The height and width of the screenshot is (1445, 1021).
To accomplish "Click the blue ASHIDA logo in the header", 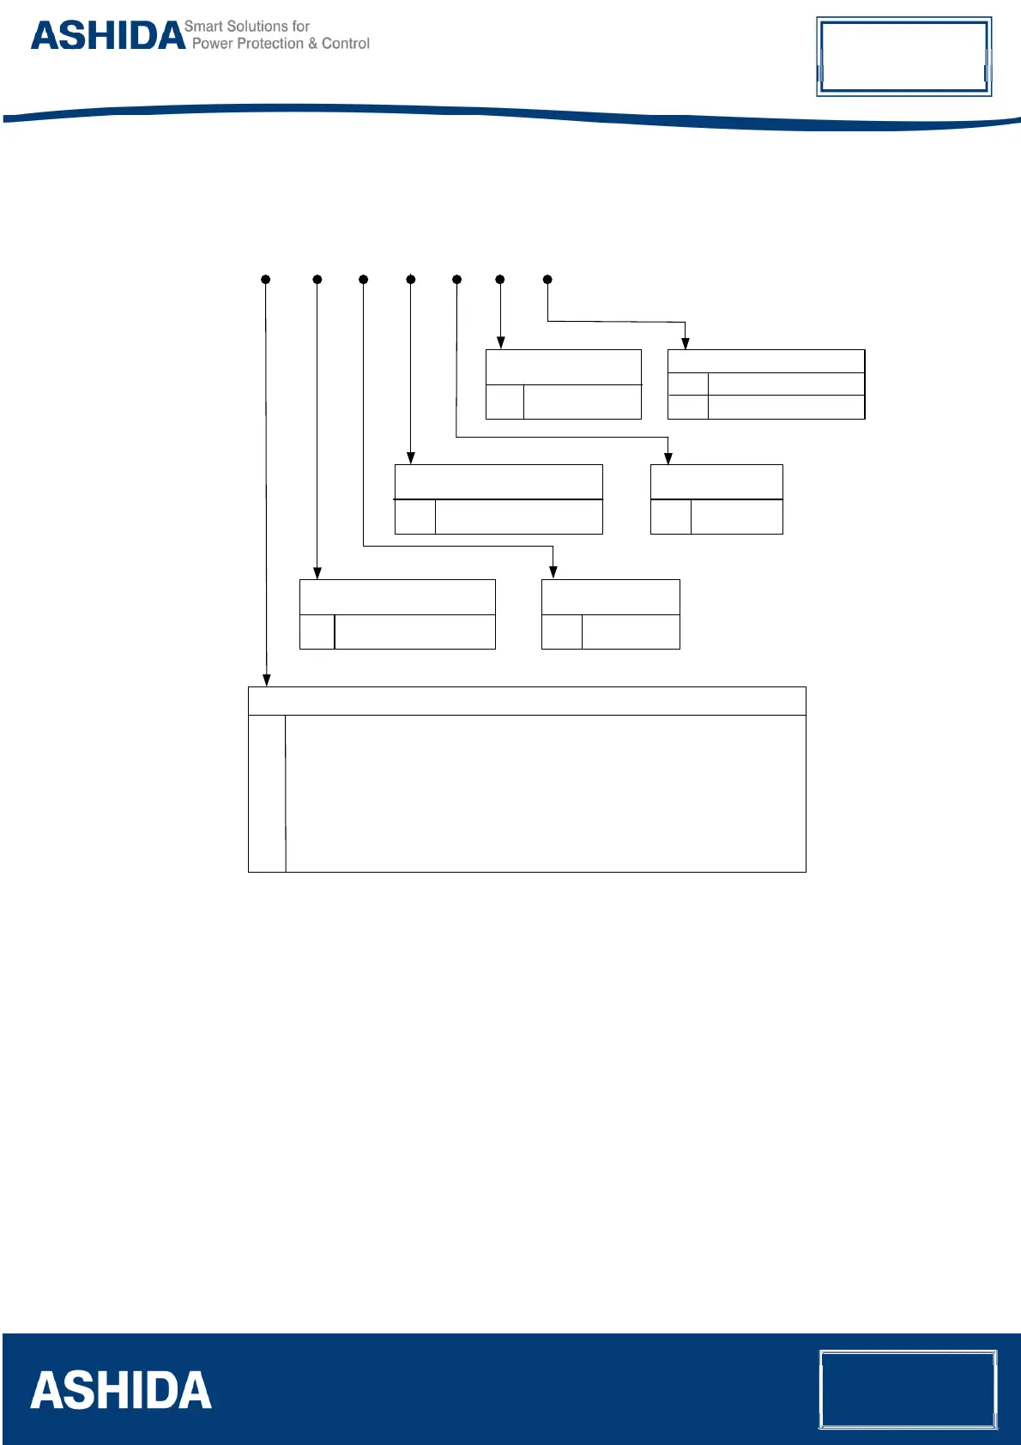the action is point(108,36).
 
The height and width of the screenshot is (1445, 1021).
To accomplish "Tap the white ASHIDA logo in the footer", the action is point(121,1391).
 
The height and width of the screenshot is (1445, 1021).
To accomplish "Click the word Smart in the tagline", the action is point(203,27).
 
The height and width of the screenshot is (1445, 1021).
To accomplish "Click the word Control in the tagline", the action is point(346,44).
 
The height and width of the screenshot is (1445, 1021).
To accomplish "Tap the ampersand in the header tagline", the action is point(313,44).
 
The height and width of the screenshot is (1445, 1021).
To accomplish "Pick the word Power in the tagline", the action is point(212,44).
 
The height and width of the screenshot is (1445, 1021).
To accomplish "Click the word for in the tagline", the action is point(301,27).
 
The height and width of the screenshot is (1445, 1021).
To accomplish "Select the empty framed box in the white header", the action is point(903,57).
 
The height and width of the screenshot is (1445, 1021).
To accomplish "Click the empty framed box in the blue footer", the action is point(908,1390).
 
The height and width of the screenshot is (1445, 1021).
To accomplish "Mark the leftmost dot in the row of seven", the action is point(266,280).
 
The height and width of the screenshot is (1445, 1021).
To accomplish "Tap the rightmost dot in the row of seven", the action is point(547,280).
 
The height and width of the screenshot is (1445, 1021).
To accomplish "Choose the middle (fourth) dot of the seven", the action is point(411,280).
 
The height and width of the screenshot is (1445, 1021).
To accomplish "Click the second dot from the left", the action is point(317,280).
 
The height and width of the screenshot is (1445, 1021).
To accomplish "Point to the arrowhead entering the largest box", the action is point(267,680).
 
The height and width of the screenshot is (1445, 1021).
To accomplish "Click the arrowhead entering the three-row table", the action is point(686,343).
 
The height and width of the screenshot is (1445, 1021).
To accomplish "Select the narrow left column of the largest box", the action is point(267,794).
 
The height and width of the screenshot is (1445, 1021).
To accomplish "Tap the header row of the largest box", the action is point(527,701).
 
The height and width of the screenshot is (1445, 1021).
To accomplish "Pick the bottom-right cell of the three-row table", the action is point(786,407).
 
